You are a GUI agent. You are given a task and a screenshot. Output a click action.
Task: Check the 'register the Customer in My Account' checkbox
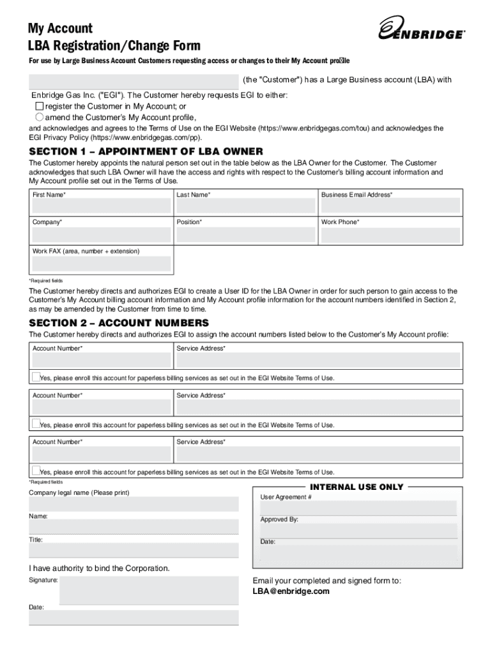point(40,106)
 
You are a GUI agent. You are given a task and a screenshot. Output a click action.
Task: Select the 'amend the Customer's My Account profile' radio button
point(40,118)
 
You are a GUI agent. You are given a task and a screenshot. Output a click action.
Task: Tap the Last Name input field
point(245,206)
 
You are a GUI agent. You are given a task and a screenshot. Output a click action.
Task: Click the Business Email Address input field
point(390,206)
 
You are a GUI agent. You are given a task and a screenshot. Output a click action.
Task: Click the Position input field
point(245,234)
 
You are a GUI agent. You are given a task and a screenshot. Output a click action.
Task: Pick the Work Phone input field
point(390,234)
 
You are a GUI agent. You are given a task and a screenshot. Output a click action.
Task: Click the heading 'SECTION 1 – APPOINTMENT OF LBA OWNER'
point(146,151)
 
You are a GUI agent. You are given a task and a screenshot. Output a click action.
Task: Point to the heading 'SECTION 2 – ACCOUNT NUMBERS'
point(119,323)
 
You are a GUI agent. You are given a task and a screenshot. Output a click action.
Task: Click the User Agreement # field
point(358,508)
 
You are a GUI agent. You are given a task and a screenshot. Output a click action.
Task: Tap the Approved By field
point(358,531)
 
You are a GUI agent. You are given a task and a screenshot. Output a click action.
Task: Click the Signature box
point(148,591)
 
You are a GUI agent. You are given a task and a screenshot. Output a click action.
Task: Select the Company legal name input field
point(134,504)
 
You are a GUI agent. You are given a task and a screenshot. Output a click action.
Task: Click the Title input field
point(134,551)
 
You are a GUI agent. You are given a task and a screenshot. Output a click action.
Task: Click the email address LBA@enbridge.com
point(291,591)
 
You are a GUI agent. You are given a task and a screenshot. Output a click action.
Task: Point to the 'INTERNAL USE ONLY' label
point(357,487)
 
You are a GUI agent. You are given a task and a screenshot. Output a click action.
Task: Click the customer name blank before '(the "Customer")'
point(134,81)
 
